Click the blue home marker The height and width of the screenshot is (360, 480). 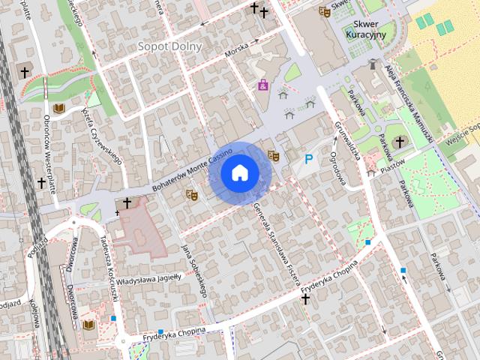tap(239, 172)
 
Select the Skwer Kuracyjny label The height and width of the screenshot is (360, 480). tap(365, 29)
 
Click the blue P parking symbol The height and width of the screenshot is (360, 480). tap(308, 159)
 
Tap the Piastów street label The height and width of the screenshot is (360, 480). tap(393, 164)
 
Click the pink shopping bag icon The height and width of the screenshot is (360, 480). tap(263, 85)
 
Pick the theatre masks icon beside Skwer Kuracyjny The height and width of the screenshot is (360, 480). tap(324, 11)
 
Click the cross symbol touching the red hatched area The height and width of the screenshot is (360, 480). tap(127, 203)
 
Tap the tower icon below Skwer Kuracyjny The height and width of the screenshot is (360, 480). tap(373, 65)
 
